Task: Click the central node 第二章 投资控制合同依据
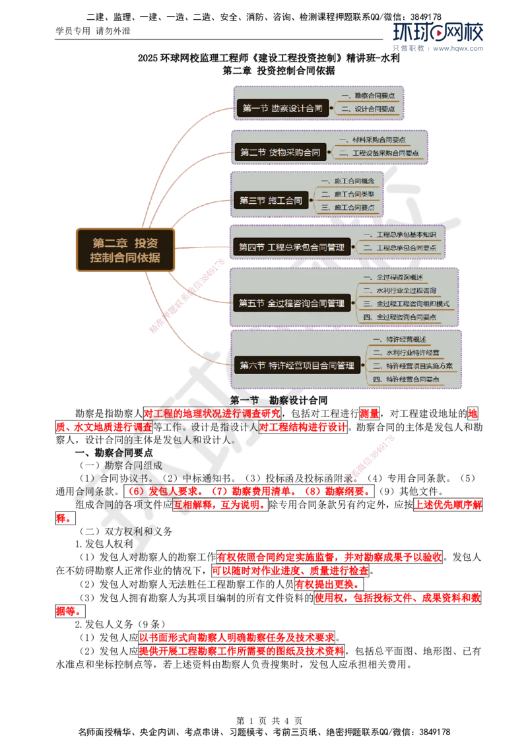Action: [x=125, y=250]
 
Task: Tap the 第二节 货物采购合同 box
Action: [x=280, y=152]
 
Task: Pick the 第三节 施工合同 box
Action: [x=271, y=201]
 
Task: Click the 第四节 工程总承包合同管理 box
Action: [x=291, y=247]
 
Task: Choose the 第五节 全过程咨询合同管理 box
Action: [x=291, y=304]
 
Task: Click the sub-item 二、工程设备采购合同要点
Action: [x=385, y=153]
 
